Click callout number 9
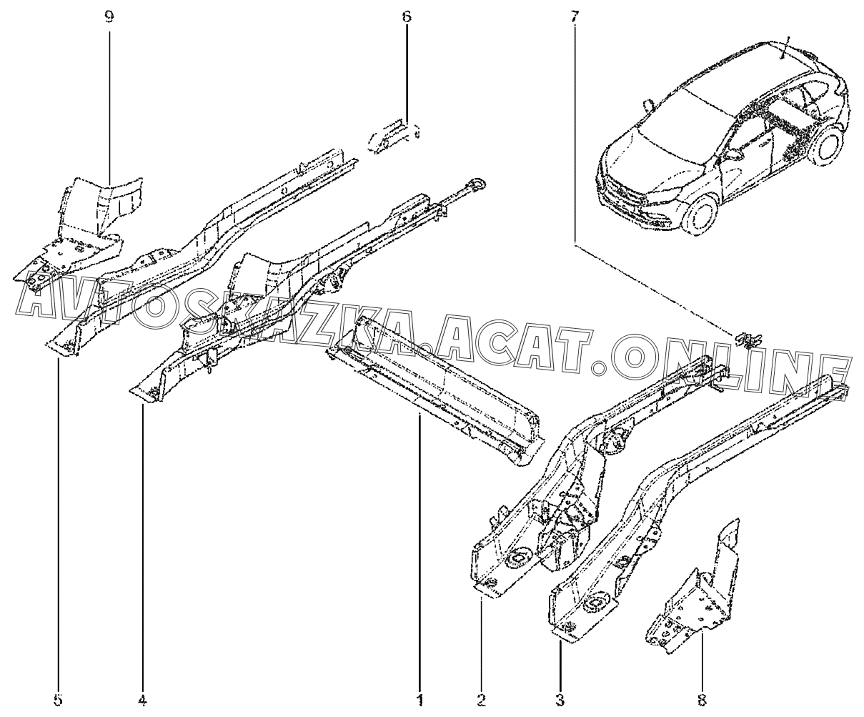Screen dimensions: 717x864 pos(109,17)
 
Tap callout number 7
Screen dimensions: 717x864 pos(575,17)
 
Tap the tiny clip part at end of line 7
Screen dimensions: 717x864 pos(748,338)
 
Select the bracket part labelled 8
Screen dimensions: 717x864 pos(693,593)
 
